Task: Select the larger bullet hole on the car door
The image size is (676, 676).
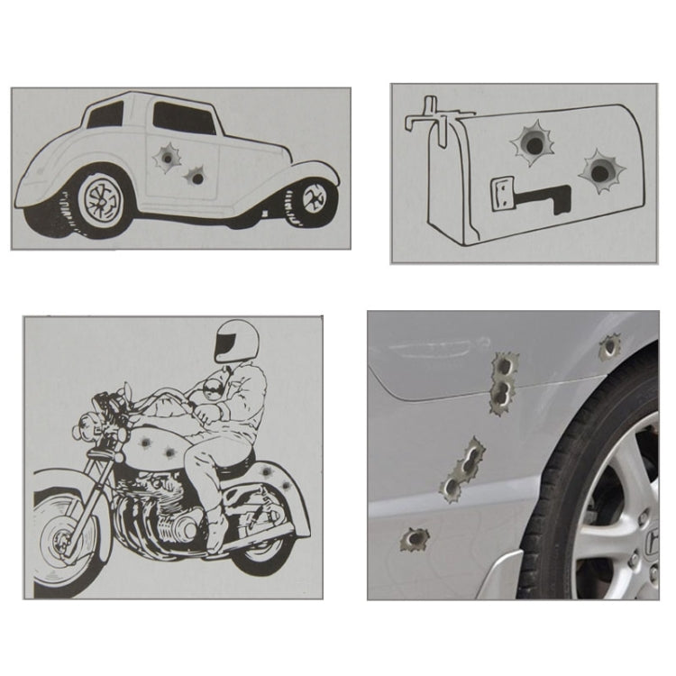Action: point(166,159)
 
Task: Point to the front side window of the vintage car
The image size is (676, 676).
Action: point(183,117)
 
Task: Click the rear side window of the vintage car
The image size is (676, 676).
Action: point(105,114)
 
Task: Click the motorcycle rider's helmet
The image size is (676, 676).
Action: point(236,340)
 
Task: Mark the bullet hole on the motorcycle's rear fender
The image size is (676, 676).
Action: point(287,486)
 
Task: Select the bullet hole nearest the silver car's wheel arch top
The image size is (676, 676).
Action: point(610,346)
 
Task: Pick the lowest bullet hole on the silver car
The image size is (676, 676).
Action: point(415,540)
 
